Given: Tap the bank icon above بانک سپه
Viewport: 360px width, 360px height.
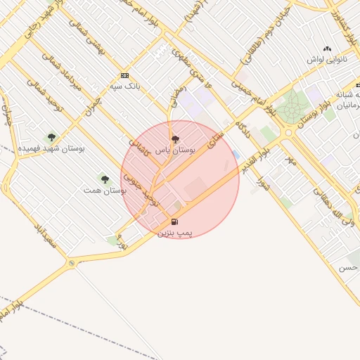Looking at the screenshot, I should click(x=125, y=75).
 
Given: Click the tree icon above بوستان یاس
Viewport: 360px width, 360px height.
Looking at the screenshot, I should click(x=175, y=139).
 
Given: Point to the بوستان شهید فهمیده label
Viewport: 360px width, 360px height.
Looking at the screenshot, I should click(x=46, y=148).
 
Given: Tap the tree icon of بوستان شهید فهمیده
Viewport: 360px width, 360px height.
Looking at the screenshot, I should click(x=51, y=137).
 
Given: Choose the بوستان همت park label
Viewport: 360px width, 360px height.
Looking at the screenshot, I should click(x=105, y=190).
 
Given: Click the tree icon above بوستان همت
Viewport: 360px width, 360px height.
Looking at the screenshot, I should click(x=105, y=179).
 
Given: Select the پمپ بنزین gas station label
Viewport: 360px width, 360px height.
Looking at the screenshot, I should click(x=175, y=231).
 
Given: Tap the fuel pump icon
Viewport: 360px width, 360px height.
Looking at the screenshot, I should click(x=174, y=221).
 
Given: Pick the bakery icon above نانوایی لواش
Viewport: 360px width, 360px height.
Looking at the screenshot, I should click(x=326, y=49).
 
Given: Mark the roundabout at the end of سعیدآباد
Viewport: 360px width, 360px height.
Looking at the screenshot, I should click(x=71, y=264).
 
